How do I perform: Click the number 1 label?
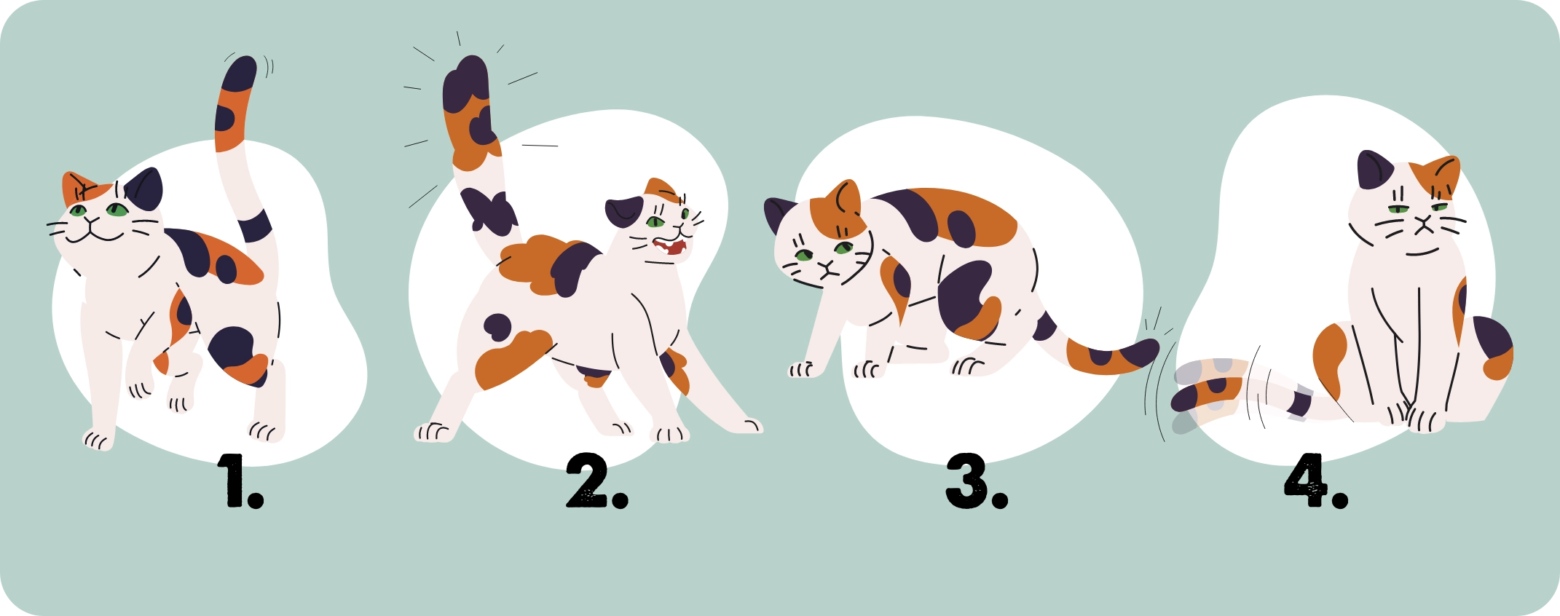click(240, 481)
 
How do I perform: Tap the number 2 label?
click(597, 481)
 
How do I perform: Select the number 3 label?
click(977, 481)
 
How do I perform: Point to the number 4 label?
click(1316, 481)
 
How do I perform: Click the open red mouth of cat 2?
click(671, 246)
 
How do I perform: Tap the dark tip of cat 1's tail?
click(240, 74)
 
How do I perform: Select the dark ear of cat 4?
click(1374, 170)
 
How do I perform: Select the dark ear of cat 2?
click(624, 212)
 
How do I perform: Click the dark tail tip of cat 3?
click(1141, 353)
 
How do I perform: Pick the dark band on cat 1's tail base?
click(255, 226)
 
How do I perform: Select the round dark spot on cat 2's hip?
click(498, 327)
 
